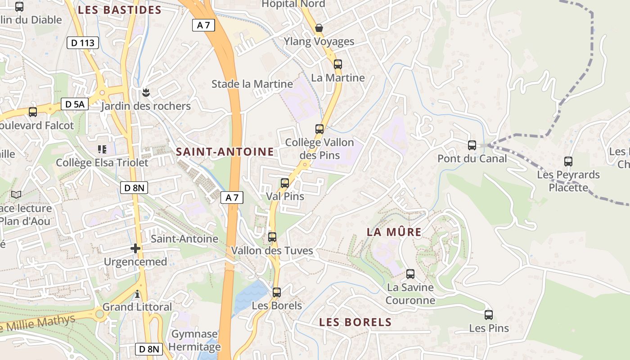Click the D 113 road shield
(83, 43)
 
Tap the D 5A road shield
(75, 104)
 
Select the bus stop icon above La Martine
(338, 64)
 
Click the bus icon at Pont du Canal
(472, 145)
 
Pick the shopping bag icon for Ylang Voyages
(319, 28)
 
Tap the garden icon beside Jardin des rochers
(145, 93)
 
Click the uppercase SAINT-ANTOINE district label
(225, 152)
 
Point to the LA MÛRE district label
(394, 232)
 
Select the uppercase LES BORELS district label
(355, 322)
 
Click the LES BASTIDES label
(120, 10)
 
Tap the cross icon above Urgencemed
(135, 248)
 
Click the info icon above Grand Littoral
(137, 294)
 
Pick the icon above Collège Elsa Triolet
(102, 149)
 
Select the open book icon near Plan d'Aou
(16, 195)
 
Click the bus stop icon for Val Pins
(285, 183)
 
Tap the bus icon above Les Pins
(489, 315)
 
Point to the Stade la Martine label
(252, 84)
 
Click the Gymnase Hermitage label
(196, 340)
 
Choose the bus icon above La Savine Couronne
(410, 274)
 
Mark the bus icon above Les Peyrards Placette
(568, 162)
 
